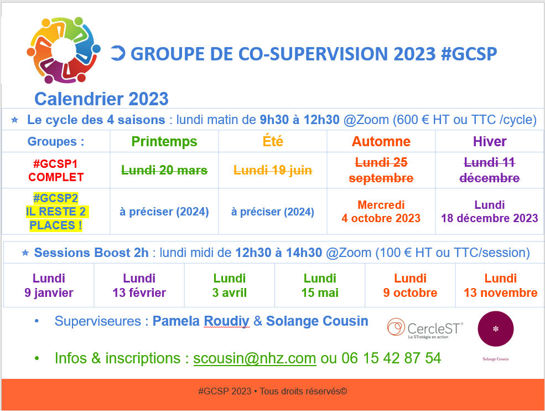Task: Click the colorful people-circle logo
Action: click(64, 50)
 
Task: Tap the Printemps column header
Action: click(164, 141)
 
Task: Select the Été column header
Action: click(272, 141)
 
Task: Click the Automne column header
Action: click(381, 141)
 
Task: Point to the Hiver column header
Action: click(489, 141)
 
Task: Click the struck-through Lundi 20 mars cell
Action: click(164, 170)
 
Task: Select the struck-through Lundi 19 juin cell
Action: click(272, 170)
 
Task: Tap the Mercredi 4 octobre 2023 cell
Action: click(381, 211)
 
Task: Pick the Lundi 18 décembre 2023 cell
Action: click(489, 211)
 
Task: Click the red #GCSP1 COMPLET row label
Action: click(56, 170)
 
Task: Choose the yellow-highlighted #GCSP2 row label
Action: click(56, 212)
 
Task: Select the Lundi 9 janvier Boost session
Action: click(49, 285)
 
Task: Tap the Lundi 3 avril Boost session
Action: click(230, 285)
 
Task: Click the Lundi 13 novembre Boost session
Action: click(501, 285)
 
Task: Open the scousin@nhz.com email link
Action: click(255, 358)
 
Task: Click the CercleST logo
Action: click(425, 328)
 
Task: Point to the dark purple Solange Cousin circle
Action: click(496, 329)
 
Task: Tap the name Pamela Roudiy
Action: click(201, 321)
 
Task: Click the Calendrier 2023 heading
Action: click(101, 99)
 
